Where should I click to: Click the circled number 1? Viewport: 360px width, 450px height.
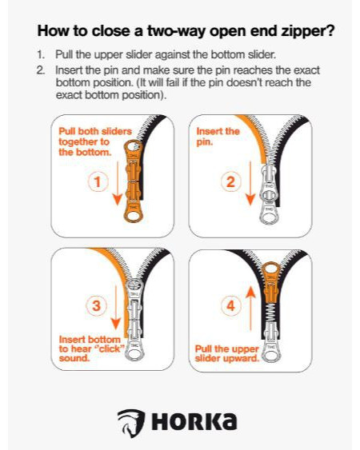click(98, 181)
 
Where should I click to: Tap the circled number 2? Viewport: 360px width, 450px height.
click(230, 181)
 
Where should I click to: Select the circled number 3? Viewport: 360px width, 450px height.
click(96, 305)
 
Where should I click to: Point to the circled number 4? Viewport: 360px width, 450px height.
click(230, 305)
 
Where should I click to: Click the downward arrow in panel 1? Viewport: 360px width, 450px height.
click(118, 183)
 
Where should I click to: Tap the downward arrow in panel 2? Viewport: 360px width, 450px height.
click(250, 183)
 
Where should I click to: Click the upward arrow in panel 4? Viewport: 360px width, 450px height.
click(250, 309)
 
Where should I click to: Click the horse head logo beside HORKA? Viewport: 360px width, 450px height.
click(130, 423)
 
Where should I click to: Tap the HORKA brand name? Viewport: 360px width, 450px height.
click(194, 421)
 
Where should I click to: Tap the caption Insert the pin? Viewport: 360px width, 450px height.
click(218, 137)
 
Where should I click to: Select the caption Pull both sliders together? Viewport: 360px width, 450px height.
click(95, 137)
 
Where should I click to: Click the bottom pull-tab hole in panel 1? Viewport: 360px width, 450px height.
click(133, 216)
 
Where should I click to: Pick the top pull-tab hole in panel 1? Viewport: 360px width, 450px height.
click(133, 146)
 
